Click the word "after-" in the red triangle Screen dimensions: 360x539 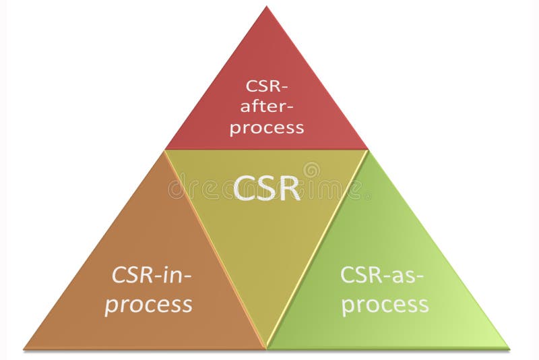[x=266, y=107]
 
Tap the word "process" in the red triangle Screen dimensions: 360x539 [x=266, y=128]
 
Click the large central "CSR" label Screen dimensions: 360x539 [x=267, y=188]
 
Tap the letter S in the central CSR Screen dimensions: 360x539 [x=267, y=188]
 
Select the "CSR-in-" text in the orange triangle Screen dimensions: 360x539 [x=152, y=275]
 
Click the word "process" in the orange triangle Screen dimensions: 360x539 [x=148, y=304]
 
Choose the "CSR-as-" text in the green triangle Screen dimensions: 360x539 [x=382, y=275]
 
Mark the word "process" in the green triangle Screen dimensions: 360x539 [x=385, y=305]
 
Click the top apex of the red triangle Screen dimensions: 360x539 [x=267, y=7]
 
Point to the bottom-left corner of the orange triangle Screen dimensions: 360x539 [x=25, y=349]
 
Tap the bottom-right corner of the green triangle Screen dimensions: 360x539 [x=508, y=348]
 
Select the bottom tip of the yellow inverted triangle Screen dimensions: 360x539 [x=267, y=347]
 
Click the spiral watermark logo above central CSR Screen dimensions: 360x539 [x=311, y=169]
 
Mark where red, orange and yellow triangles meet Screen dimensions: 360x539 [x=166, y=150]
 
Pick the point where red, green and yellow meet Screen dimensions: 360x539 [x=368, y=150]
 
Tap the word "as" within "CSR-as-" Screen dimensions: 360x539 [x=406, y=275]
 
